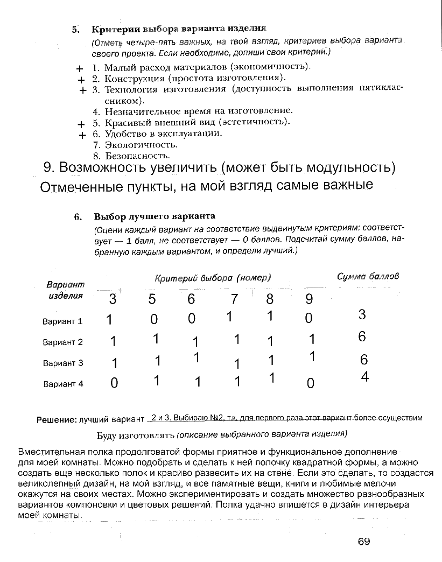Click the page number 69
pos(364,542)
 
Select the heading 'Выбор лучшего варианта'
pos(155,216)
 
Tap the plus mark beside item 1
pos(80,69)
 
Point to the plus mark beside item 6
pos(81,135)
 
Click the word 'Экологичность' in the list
pos(141,145)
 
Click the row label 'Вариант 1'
pos(62,321)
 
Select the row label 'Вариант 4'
pos(62,384)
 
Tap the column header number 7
pos(234,298)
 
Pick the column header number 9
pos(308,299)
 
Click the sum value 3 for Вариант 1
pos(362,314)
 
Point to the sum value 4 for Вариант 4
pos(364,377)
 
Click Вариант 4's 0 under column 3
pos(114,384)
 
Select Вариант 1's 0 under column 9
pos(308,319)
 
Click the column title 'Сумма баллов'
pos(368,276)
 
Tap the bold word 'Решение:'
pos(56,419)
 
